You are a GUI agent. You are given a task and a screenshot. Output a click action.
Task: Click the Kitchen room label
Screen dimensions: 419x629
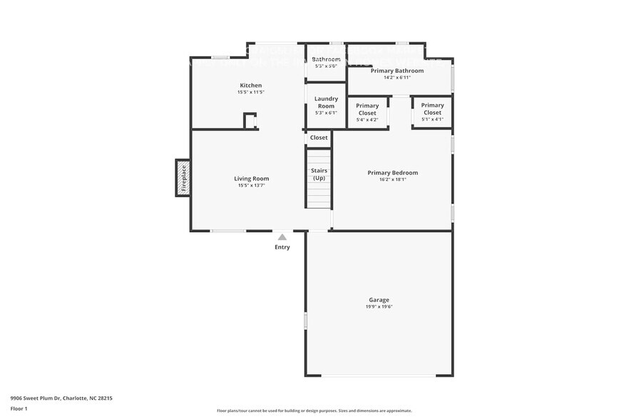250,86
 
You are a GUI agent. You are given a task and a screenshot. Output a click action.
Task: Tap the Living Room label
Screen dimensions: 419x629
251,179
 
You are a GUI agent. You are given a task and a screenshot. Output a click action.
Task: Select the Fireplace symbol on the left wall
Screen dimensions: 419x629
183,178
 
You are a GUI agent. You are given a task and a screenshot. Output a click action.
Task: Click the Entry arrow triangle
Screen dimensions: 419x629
282,237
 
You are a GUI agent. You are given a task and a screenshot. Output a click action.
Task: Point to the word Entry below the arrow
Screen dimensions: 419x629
282,247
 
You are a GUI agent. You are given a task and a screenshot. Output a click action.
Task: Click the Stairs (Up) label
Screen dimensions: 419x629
319,174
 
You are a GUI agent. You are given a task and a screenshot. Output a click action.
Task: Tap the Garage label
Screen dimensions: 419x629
379,300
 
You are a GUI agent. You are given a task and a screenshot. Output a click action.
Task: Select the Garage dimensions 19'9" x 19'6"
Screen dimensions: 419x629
379,307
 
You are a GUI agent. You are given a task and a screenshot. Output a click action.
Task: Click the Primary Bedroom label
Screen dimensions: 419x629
392,172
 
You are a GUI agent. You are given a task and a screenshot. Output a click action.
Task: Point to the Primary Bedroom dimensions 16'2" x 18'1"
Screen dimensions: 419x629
392,180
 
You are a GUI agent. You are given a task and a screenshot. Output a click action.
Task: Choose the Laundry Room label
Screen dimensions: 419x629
326,103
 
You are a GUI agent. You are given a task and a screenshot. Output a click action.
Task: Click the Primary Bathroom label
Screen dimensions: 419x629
397,71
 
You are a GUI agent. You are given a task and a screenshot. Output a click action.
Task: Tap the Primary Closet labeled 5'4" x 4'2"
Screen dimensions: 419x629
367,109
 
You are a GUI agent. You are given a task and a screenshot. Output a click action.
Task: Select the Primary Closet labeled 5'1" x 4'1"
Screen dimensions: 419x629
432,109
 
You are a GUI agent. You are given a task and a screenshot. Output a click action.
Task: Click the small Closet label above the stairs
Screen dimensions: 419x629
319,138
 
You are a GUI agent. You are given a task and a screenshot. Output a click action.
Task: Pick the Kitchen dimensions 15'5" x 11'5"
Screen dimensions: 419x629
250,93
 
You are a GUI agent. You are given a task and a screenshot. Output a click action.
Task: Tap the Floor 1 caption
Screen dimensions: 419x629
19,408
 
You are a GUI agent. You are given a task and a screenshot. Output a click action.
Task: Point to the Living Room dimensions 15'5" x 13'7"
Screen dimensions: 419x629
251,186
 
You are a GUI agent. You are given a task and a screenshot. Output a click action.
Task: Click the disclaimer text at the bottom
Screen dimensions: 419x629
314,410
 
